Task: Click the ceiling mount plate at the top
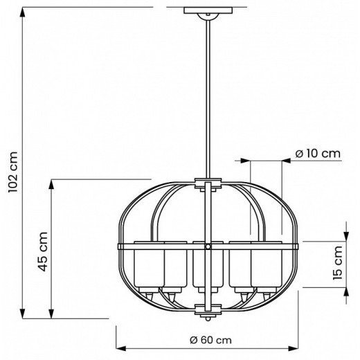pyautogui.click(x=206, y=11)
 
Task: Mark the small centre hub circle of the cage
pyautogui.click(x=206, y=246)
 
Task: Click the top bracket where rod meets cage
pyautogui.click(x=206, y=185)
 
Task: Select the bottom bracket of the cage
pyautogui.click(x=206, y=307)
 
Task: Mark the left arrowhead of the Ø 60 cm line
pyautogui.click(x=118, y=348)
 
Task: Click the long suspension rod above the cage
pyautogui.click(x=206, y=97)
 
